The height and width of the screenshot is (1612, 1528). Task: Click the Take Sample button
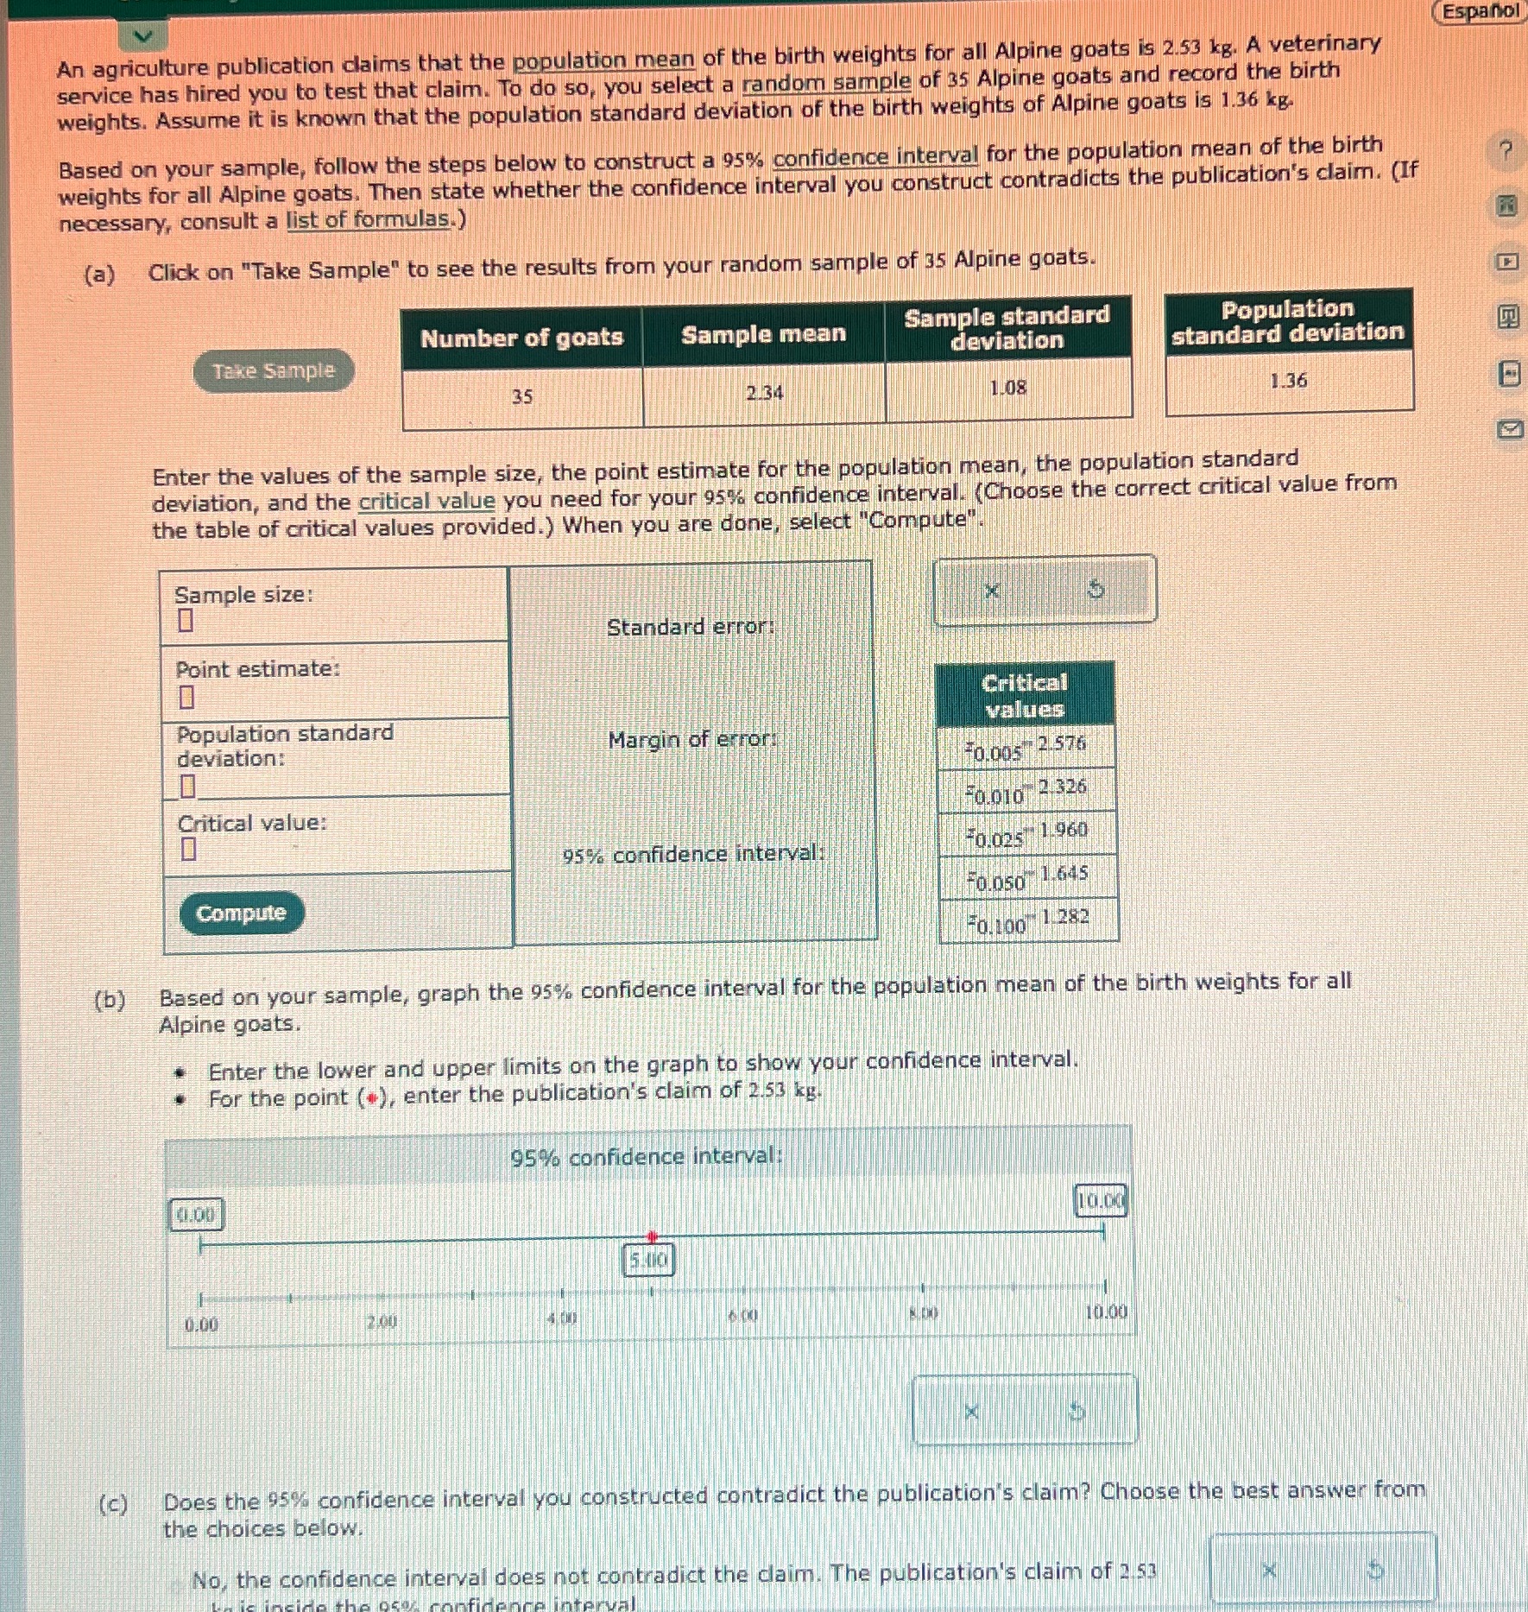coord(274,370)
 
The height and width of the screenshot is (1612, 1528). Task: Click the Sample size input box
coord(185,620)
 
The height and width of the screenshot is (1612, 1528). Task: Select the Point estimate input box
coord(186,696)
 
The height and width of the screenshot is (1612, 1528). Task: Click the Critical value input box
coord(188,849)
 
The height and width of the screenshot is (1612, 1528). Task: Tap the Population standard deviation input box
coord(187,786)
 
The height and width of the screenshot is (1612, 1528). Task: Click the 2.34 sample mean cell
coord(764,394)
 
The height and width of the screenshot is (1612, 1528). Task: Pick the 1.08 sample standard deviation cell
coord(1007,388)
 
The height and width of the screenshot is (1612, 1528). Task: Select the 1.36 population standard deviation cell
coord(1288,381)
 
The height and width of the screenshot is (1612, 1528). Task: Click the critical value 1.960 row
coord(1027,834)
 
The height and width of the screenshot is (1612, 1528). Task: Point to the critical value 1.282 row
coord(1028,920)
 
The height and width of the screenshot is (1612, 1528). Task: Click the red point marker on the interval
coord(653,1236)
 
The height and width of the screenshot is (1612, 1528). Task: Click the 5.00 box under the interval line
coord(648,1261)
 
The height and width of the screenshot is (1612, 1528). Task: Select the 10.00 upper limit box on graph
coord(1101,1200)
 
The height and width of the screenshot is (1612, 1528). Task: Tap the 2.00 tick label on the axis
coord(381,1321)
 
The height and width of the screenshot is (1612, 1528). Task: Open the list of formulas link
coord(369,220)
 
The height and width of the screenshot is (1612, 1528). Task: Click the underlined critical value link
coord(426,502)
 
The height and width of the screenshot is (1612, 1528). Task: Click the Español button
coord(1480,11)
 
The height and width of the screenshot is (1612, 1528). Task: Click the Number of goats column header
coord(521,338)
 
